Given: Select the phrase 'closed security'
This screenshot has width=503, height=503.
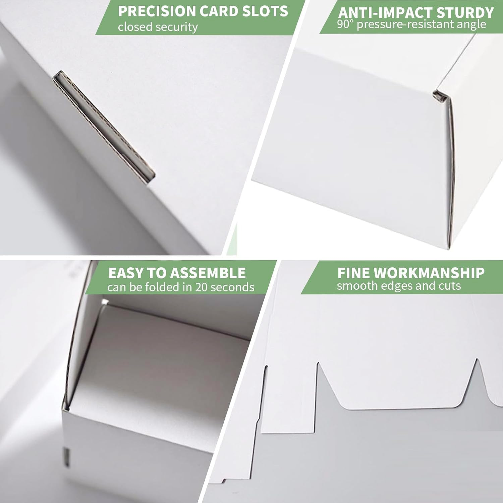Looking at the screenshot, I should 158,27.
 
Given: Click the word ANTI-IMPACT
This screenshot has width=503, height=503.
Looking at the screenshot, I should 379,13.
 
